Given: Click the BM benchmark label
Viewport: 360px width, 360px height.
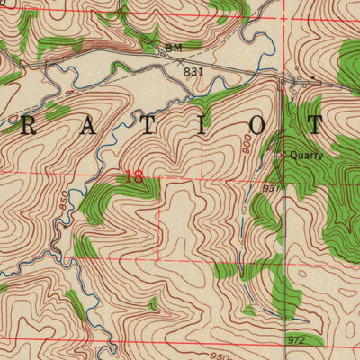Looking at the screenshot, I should (173, 46).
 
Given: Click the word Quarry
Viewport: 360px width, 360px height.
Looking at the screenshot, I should (306, 155).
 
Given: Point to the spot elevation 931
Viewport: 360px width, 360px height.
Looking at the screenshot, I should (273, 188).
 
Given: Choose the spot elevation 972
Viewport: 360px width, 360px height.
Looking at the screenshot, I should (296, 339).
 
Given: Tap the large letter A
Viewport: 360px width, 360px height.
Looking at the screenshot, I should (87, 127).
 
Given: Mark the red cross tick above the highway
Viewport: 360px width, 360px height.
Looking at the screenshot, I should (283, 17).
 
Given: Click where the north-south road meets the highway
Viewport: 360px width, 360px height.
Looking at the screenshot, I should (283, 81).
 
